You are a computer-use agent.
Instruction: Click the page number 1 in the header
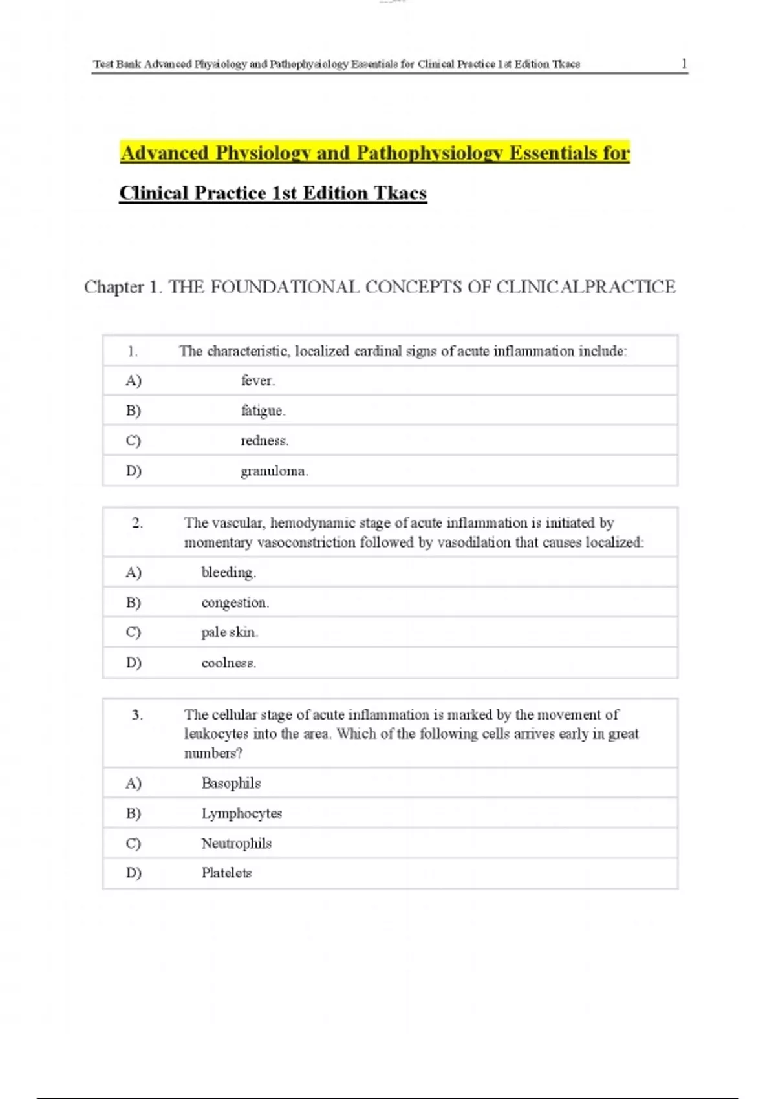coord(684,63)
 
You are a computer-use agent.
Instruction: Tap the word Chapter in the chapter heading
coord(114,287)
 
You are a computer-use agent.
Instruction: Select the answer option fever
coord(258,381)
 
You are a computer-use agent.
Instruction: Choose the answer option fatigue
coord(263,411)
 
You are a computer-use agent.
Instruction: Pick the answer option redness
coord(264,441)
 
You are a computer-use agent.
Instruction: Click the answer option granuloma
coord(274,471)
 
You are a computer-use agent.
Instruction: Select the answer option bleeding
coord(228,573)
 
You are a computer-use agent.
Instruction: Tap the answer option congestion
coord(235,603)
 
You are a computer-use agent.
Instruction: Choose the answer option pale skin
coord(229,632)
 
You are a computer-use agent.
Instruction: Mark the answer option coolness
coord(228,663)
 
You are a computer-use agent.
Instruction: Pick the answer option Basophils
coord(231,784)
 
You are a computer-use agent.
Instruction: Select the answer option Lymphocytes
coord(241,813)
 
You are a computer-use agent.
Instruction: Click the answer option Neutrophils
coord(236,844)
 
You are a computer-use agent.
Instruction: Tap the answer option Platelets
coord(226,873)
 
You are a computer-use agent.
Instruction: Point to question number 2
coord(137,523)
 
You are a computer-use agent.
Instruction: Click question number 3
coord(137,715)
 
